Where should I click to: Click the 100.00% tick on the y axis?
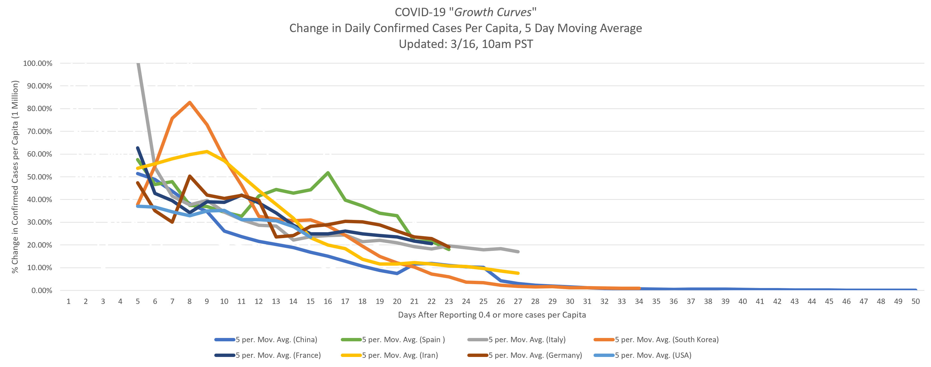pyautogui.click(x=38, y=63)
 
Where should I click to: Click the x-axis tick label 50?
pyautogui.click(x=915, y=301)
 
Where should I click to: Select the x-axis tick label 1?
pyautogui.click(x=68, y=301)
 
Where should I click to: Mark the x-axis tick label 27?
pyautogui.click(x=517, y=301)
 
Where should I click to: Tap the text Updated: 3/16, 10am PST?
pyautogui.click(x=465, y=44)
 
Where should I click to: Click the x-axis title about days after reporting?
pyautogui.click(x=492, y=315)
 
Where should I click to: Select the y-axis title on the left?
pyautogui.click(x=15, y=177)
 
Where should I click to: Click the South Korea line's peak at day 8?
pyautogui.click(x=189, y=102)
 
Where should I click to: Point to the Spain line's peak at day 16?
pyautogui.click(x=328, y=173)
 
